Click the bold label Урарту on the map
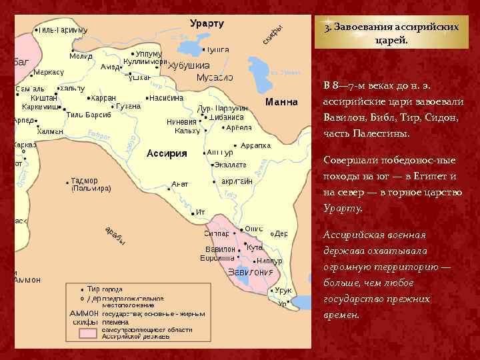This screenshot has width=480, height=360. click(207, 23)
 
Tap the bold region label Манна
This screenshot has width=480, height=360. click(281, 103)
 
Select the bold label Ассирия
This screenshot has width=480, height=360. click(167, 153)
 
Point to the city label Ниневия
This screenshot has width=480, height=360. click(181, 122)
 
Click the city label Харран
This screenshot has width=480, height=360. click(103, 98)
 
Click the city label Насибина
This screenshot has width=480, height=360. click(169, 97)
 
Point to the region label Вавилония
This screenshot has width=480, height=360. click(251, 272)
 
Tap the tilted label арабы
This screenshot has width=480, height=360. click(115, 235)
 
